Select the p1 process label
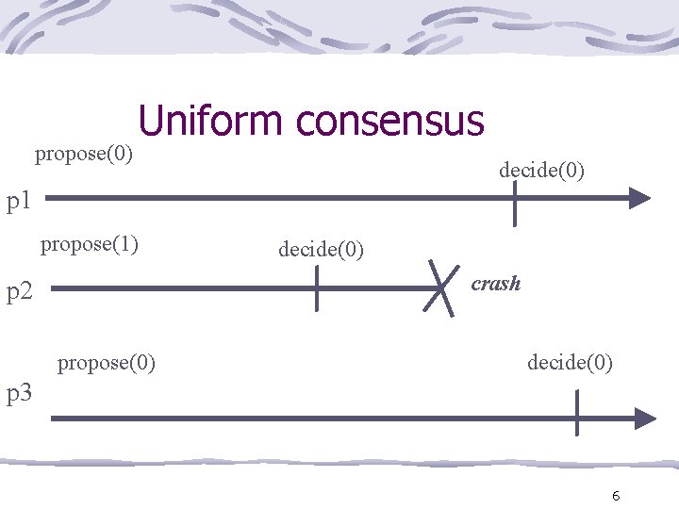[20, 201]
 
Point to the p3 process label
[20, 393]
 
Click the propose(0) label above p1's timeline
[83, 153]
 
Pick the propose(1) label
[90, 245]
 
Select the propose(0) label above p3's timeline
[107, 362]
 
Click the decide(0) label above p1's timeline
[541, 171]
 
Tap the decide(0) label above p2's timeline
[321, 250]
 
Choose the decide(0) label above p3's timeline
[570, 362]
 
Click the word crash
[496, 283]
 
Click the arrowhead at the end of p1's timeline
[640, 198]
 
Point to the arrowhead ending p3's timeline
[645, 418]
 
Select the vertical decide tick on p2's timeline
[316, 286]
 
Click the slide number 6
[615, 496]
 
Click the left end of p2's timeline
[53, 289]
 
